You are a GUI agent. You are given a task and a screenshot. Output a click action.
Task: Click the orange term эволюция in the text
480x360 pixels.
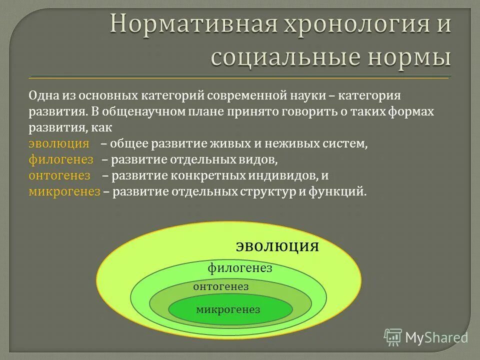pyautogui.click(x=58, y=144)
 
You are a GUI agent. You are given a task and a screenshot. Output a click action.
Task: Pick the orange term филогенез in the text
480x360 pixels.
pyautogui.click(x=61, y=160)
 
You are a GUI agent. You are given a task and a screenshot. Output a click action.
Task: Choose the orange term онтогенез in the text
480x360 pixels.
pyautogui.click(x=59, y=175)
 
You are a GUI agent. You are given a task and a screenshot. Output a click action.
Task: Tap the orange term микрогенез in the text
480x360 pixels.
pyautogui.click(x=64, y=191)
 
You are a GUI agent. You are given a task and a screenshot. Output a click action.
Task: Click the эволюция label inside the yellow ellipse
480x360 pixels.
pyautogui.click(x=277, y=246)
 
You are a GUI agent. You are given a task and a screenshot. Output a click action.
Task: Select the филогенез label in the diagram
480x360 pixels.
pyautogui.click(x=240, y=268)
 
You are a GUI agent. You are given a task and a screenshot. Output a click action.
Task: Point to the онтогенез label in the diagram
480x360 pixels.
pyautogui.click(x=220, y=287)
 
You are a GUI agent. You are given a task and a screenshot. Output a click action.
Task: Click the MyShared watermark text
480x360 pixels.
pyautogui.click(x=436, y=338)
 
